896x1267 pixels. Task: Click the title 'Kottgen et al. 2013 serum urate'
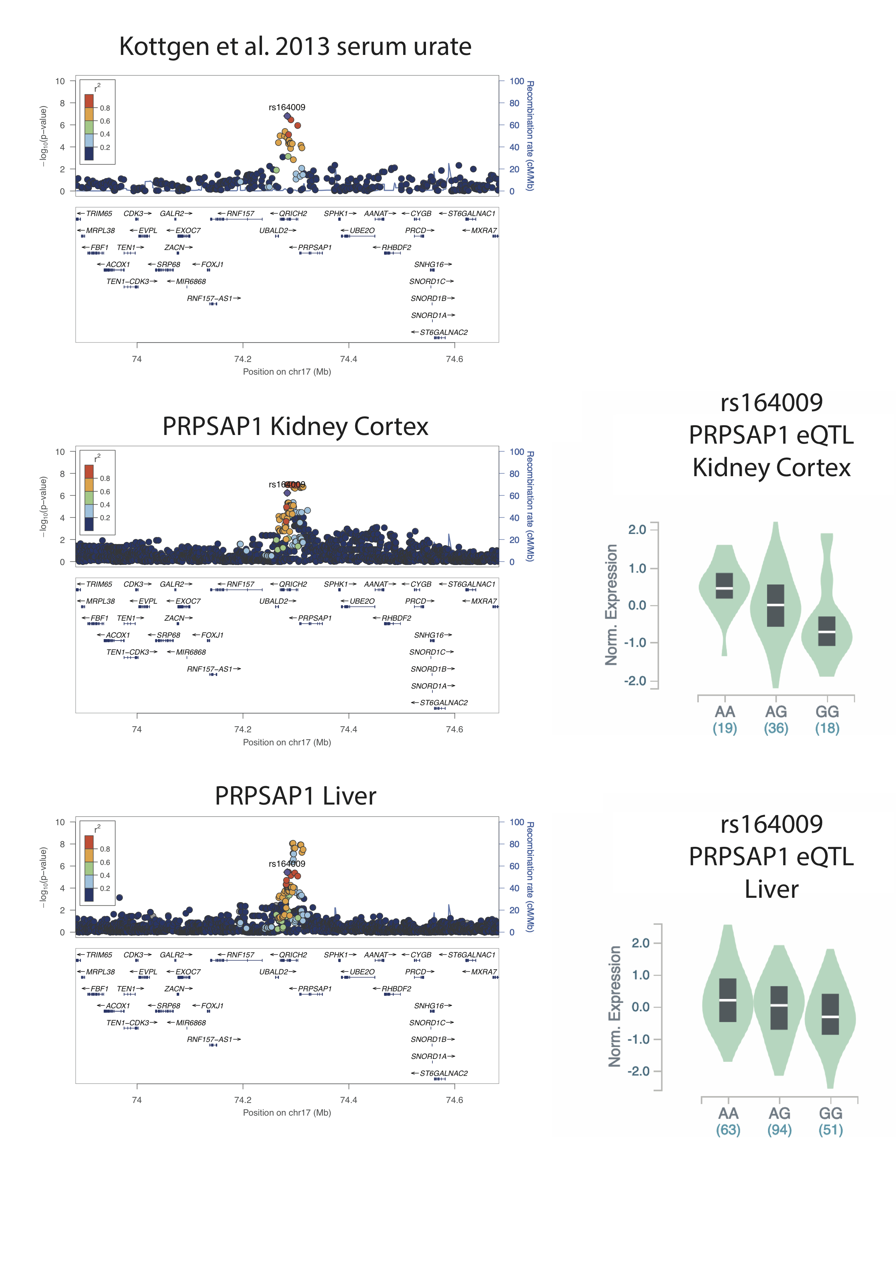[x=295, y=46]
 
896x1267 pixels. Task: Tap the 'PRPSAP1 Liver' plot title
[x=295, y=796]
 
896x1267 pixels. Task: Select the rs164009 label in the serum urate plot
[x=287, y=107]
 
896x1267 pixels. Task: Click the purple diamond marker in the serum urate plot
[x=287, y=116]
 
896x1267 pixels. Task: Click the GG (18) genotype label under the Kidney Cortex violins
[x=827, y=720]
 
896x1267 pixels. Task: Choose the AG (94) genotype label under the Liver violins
[x=779, y=1121]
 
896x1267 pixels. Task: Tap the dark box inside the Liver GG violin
[x=830, y=1014]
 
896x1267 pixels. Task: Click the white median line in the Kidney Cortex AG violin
[x=775, y=606]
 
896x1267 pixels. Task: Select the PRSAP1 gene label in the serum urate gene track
[x=314, y=247]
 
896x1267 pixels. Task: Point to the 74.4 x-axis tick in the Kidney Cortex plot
[x=348, y=729]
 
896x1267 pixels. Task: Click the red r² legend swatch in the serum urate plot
[x=89, y=101]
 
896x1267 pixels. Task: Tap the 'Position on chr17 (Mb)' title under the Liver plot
[x=287, y=1112]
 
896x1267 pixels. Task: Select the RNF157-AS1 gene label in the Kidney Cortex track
[x=210, y=669]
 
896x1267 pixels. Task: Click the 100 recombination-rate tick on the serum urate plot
[x=516, y=81]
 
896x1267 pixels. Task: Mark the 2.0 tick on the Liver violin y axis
[x=641, y=943]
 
